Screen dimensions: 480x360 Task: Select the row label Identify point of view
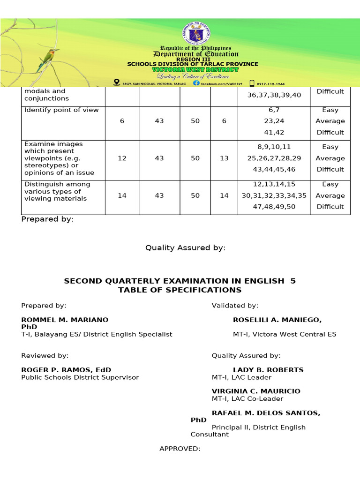(x=61, y=110)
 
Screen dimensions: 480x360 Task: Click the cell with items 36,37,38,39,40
(x=274, y=95)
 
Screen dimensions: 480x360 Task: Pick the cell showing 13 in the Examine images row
(x=224, y=158)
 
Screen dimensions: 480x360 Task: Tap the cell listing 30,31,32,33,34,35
(x=274, y=195)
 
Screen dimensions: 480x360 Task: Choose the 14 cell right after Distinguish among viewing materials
(x=122, y=195)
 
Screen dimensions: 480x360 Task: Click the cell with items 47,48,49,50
(x=274, y=206)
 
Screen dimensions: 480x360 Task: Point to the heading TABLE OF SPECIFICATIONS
(x=180, y=290)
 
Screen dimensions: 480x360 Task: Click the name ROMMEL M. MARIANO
(x=65, y=320)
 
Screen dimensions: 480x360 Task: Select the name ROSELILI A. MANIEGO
(x=277, y=320)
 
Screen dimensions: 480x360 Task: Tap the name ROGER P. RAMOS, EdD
(x=66, y=370)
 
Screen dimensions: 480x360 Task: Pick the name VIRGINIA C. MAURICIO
(x=256, y=391)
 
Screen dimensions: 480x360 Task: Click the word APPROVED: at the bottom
(x=180, y=449)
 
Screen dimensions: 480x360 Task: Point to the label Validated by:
(x=235, y=306)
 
